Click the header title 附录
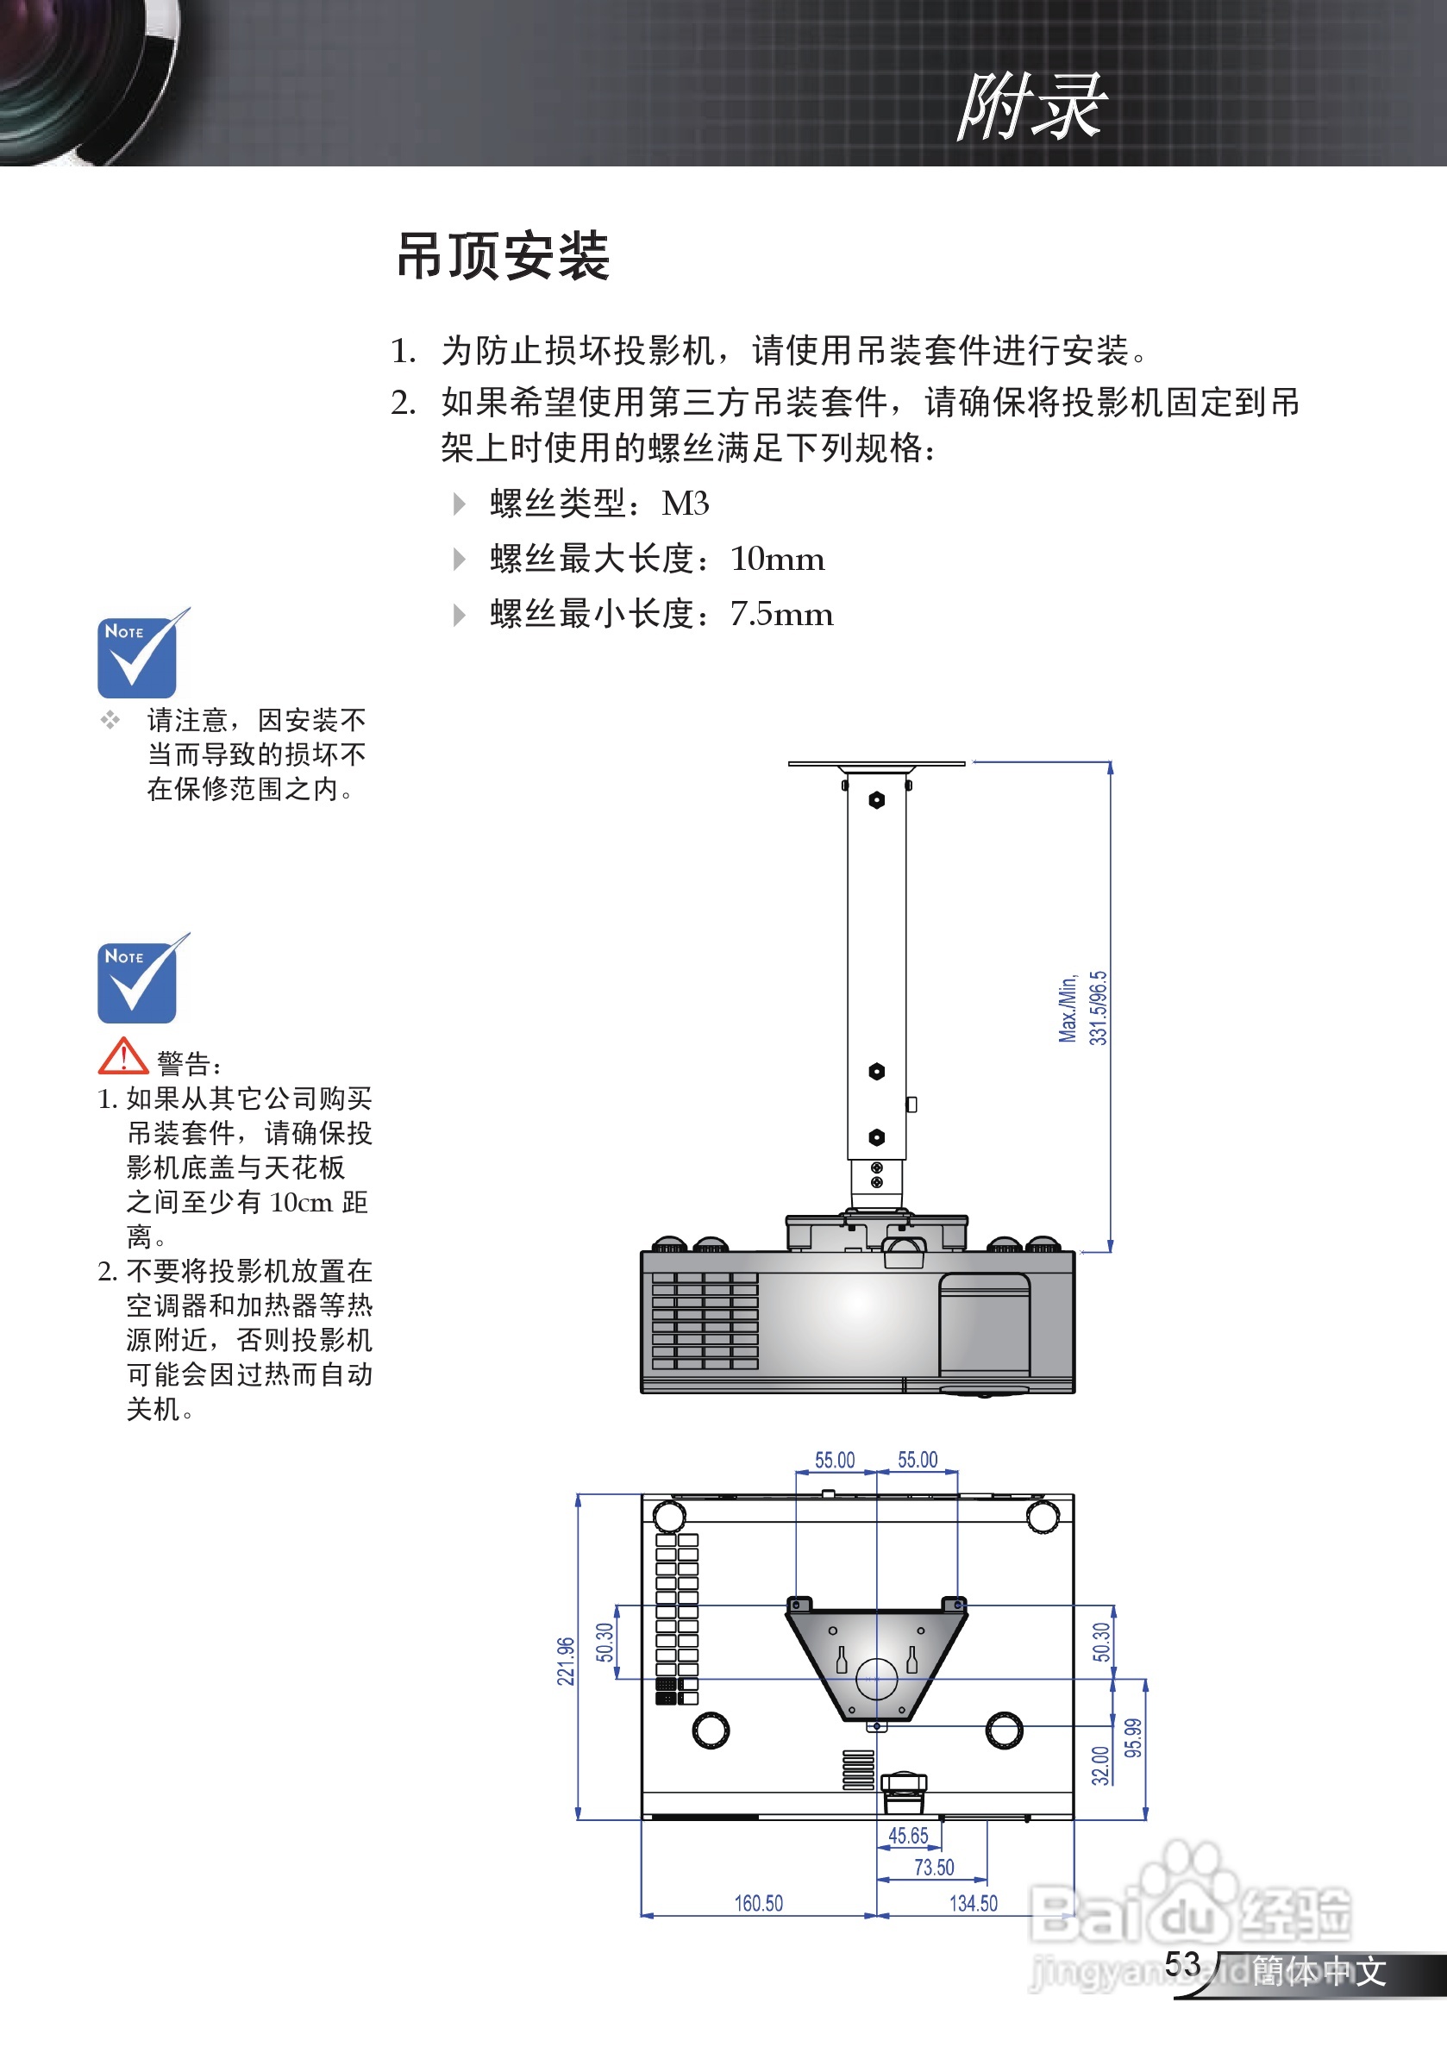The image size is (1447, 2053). (1032, 107)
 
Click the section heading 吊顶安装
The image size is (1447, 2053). (504, 257)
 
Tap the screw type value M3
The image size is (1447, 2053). (685, 504)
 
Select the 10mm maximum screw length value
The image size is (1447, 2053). (777, 559)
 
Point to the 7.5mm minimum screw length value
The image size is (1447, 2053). (781, 614)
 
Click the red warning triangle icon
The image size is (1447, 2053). (122, 1057)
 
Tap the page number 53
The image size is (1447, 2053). (1181, 1964)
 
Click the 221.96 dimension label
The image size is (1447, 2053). (565, 1662)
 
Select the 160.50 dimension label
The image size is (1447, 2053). (758, 1904)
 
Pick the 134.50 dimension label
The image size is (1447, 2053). (973, 1904)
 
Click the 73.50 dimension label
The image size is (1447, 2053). (934, 1867)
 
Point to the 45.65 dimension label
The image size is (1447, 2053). (908, 1836)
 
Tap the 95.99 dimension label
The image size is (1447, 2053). (1133, 1738)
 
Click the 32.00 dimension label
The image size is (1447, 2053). (1101, 1765)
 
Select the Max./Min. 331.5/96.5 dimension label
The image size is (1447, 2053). (1083, 1008)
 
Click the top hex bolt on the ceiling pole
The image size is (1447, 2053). (876, 800)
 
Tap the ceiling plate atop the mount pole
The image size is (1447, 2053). (876, 765)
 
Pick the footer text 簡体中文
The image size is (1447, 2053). (1319, 1972)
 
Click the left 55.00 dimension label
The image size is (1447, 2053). (835, 1460)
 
